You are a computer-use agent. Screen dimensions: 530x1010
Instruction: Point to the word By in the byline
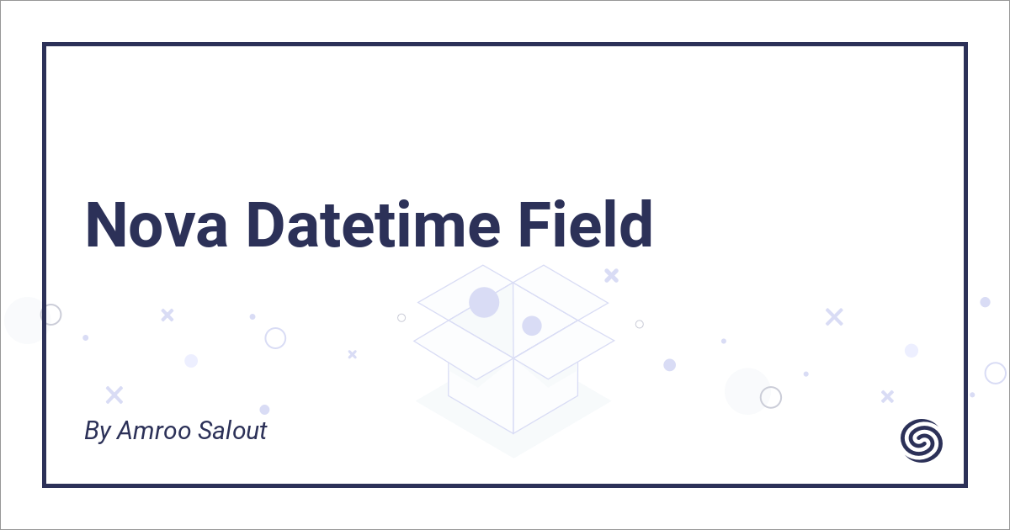(97, 432)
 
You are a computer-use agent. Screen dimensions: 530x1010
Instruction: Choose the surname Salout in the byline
(231, 431)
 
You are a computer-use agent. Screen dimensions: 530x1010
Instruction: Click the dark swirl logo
(922, 440)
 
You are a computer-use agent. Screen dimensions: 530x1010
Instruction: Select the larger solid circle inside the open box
(484, 302)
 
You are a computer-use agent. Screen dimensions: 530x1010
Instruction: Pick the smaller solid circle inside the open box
(531, 326)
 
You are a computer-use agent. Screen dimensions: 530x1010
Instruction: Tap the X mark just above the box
(612, 275)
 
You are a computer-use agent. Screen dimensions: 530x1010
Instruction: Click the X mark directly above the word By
(114, 395)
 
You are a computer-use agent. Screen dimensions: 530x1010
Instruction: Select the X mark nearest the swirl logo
(886, 396)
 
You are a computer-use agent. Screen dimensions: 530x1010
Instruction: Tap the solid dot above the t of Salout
(264, 410)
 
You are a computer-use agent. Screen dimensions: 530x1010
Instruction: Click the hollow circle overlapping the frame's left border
(50, 315)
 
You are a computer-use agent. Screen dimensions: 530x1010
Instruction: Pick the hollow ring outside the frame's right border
(995, 373)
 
